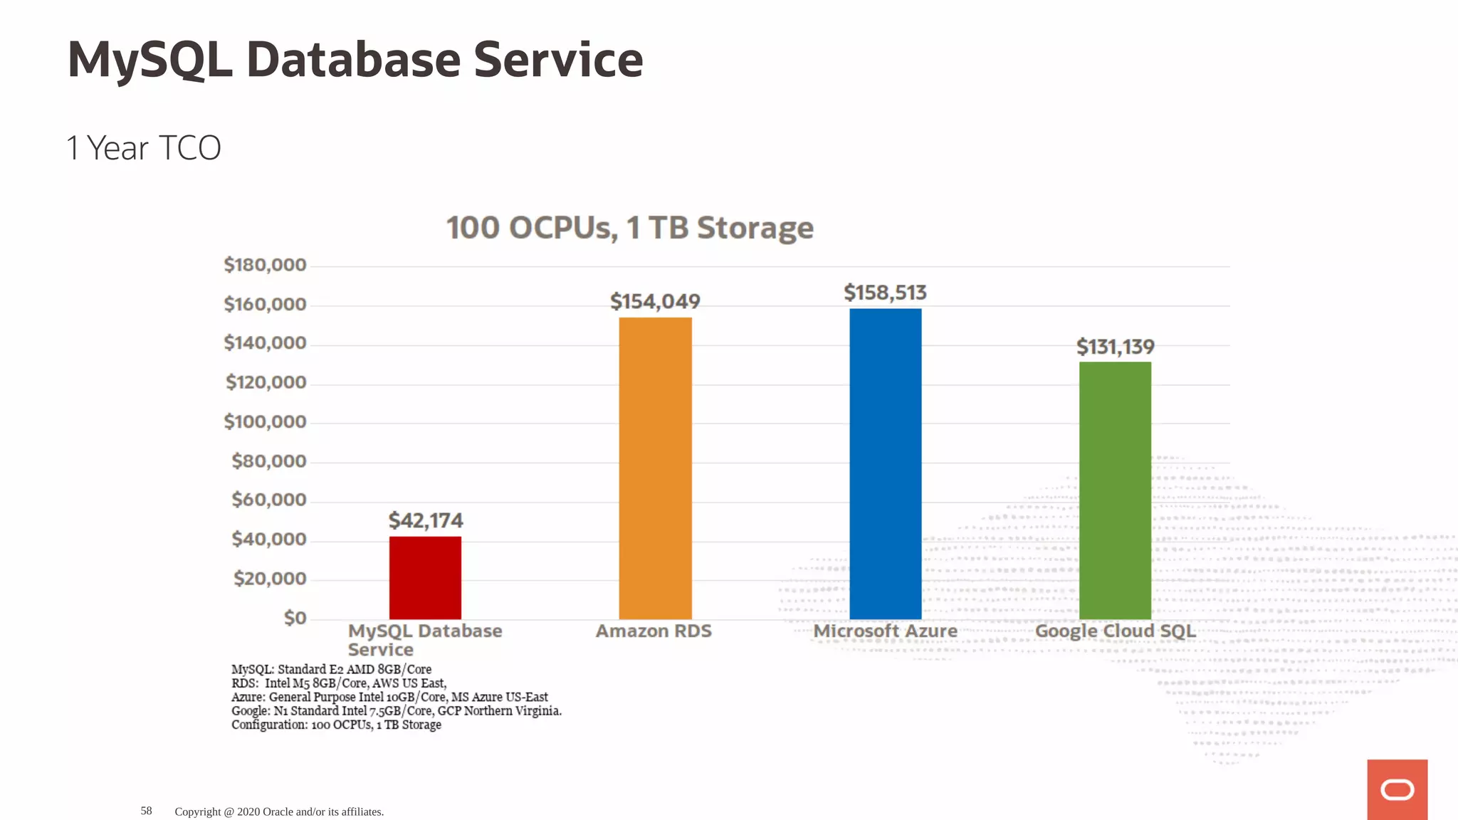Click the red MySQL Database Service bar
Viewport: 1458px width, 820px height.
point(425,577)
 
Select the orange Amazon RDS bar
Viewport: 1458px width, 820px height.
point(655,468)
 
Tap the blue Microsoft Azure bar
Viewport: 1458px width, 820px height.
point(885,463)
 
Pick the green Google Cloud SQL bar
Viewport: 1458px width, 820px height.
point(1115,490)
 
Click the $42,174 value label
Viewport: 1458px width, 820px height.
point(426,520)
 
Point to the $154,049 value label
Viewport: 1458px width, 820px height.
point(655,301)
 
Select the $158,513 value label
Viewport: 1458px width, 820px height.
point(885,293)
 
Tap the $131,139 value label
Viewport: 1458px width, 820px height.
point(1115,347)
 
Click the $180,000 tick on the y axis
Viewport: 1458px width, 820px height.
point(265,265)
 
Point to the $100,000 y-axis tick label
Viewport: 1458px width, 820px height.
point(265,421)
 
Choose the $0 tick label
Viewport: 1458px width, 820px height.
point(295,617)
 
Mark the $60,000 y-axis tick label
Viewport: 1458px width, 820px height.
point(268,500)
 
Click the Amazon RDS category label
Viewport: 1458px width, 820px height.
point(654,631)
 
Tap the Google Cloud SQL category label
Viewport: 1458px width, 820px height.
point(1115,631)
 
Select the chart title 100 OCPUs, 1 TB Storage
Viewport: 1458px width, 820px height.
point(629,228)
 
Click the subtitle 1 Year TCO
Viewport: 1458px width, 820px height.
point(143,148)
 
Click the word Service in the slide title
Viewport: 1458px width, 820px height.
point(558,60)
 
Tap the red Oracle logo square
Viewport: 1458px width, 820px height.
point(1397,789)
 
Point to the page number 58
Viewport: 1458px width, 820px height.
point(146,811)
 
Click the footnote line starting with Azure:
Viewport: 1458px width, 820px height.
point(389,697)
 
